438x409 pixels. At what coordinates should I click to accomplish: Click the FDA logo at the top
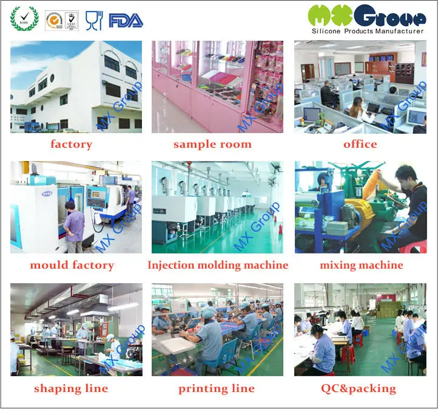(126, 21)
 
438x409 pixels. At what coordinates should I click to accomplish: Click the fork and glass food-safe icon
(93, 21)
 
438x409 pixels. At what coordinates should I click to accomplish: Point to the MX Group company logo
(366, 16)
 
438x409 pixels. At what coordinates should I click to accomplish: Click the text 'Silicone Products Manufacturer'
(367, 31)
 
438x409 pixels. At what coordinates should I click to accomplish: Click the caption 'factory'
(72, 145)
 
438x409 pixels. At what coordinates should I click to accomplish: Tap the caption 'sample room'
(212, 145)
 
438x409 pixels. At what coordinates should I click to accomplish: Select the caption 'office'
(360, 145)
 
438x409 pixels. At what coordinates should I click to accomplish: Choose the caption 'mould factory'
(72, 266)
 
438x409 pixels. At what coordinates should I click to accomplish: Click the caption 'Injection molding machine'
(218, 266)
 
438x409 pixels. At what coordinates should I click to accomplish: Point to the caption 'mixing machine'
(362, 266)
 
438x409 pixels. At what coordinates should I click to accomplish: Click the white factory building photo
(76, 86)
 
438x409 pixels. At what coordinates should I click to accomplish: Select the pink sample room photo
(217, 86)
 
